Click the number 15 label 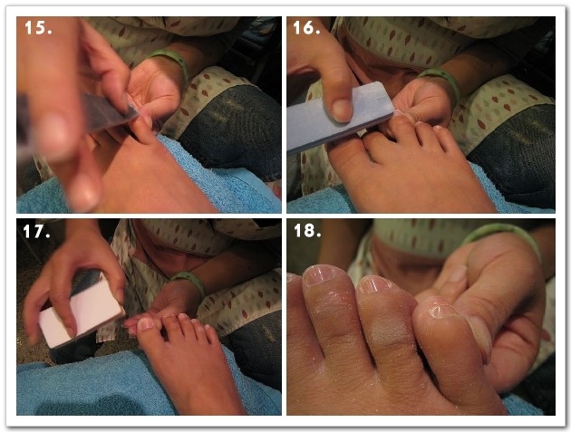pos(38,28)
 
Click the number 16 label pos(306,28)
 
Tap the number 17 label pos(36,232)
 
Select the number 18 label pos(307,230)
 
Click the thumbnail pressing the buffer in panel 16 pos(342,110)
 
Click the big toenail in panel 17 pos(146,323)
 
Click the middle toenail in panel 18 pos(374,284)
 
